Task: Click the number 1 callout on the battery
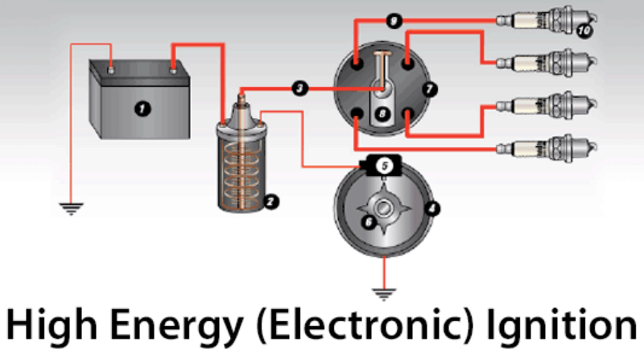pyautogui.click(x=143, y=108)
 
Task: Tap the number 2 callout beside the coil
pyautogui.click(x=271, y=202)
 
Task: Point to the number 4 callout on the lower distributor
pyautogui.click(x=432, y=208)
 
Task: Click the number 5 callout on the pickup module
pyautogui.click(x=385, y=165)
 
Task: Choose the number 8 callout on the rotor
pyautogui.click(x=384, y=114)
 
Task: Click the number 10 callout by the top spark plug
pyautogui.click(x=584, y=31)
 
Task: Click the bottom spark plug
pyautogui.click(x=547, y=146)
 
